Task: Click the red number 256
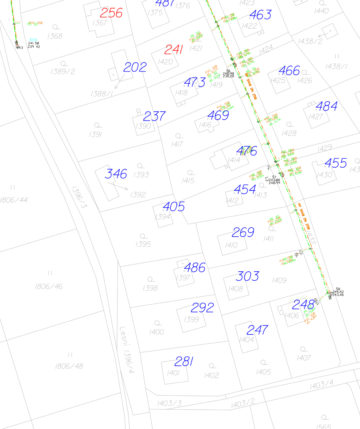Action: [111, 13]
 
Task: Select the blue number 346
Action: [116, 174]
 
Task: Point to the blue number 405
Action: [174, 207]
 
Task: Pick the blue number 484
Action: [326, 106]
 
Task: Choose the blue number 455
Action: [336, 163]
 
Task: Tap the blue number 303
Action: [247, 276]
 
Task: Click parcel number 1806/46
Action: [49, 287]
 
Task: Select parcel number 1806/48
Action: [69, 366]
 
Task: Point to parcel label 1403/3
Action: [169, 404]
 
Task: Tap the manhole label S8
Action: [338, 289]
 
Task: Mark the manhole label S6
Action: [228, 71]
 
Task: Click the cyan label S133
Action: [34, 40]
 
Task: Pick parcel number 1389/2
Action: [63, 71]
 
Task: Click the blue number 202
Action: [135, 67]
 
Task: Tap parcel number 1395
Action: [143, 244]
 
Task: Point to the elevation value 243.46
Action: [338, 295]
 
